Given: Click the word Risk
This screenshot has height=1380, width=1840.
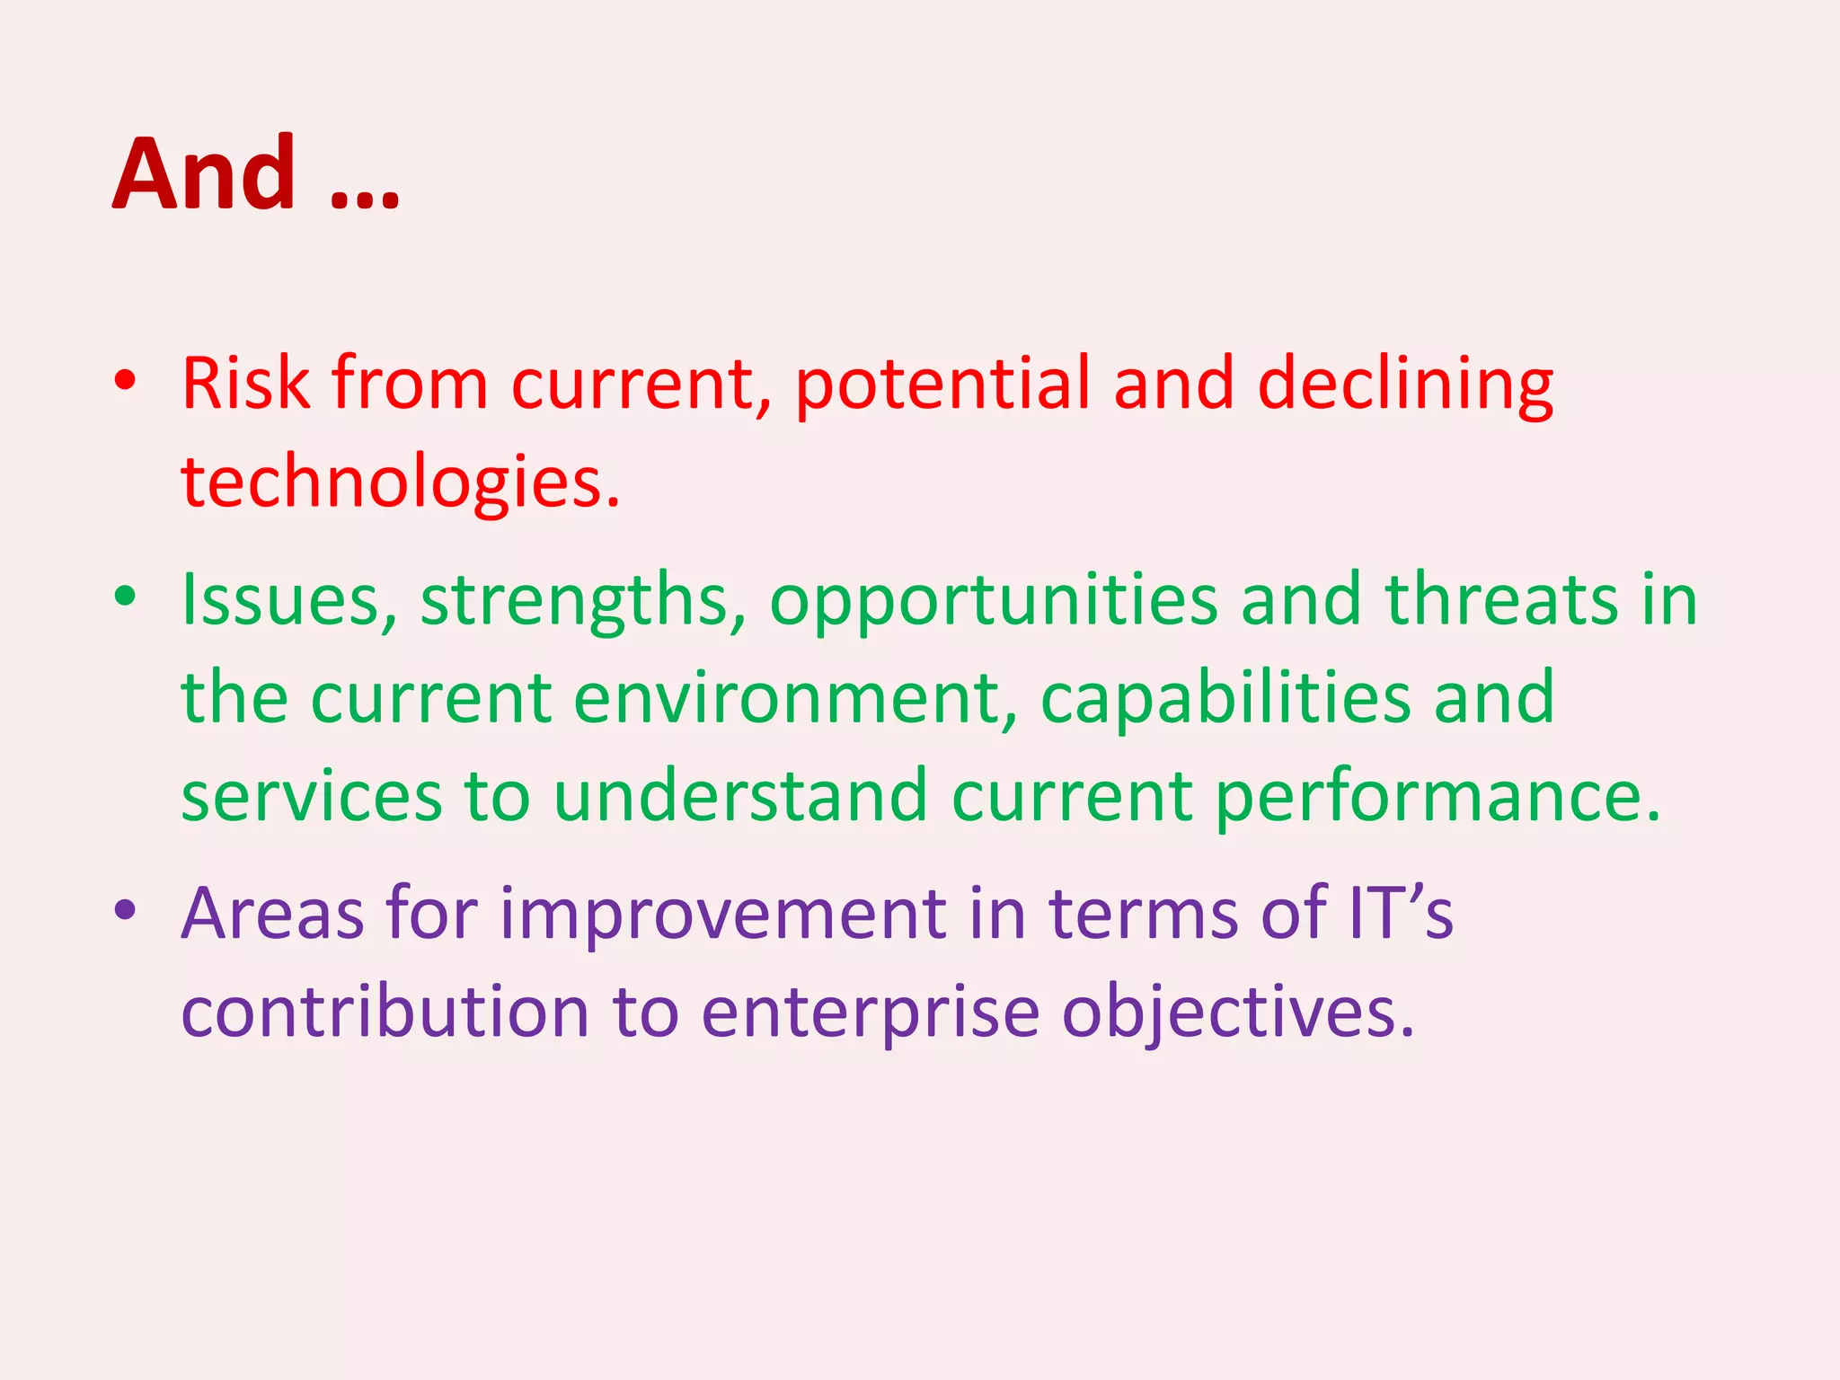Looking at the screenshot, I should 245,384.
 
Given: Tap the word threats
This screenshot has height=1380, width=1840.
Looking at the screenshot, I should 1501,600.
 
